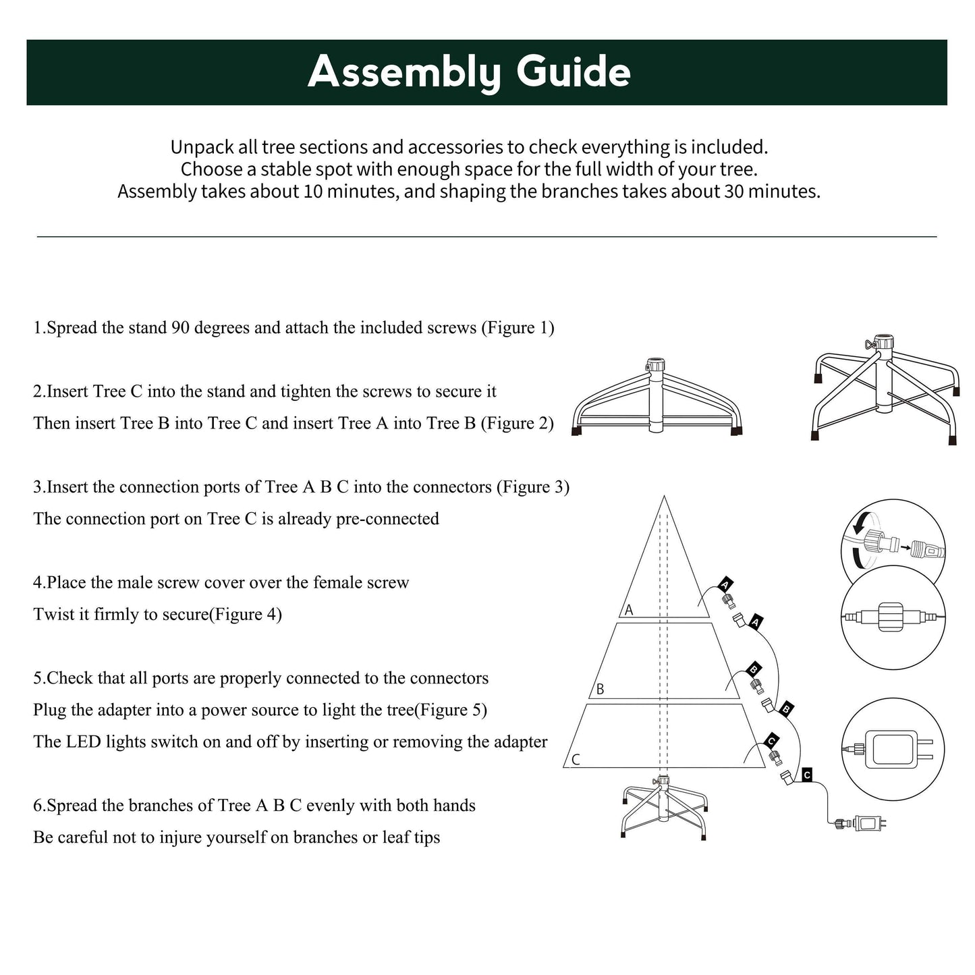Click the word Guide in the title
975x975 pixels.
pyautogui.click(x=574, y=72)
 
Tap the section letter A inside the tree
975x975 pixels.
pyautogui.click(x=629, y=610)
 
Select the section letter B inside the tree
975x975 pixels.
pyautogui.click(x=600, y=690)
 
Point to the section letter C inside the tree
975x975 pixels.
pyautogui.click(x=576, y=760)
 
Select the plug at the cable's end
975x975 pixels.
pyautogui.click(x=870, y=823)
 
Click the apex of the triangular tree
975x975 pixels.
pyautogui.click(x=665, y=498)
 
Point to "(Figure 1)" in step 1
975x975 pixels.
pyautogui.click(x=518, y=328)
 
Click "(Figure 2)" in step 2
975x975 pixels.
pyautogui.click(x=517, y=424)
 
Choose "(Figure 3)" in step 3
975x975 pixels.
pyautogui.click(x=533, y=487)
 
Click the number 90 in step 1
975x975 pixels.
pyautogui.click(x=180, y=328)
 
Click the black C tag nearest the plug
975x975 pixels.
pyautogui.click(x=807, y=775)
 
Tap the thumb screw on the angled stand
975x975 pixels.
pyautogui.click(x=870, y=345)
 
